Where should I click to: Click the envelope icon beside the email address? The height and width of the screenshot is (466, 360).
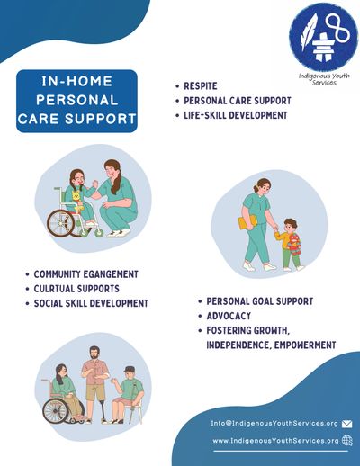point(346,424)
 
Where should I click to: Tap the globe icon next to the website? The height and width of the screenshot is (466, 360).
point(347,441)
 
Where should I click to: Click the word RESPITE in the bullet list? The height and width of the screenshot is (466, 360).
point(201,86)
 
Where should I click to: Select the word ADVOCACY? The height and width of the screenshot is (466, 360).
point(229,316)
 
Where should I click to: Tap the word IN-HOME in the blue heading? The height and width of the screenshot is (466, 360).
point(76,81)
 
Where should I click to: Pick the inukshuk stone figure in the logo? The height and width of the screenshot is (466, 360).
point(322,46)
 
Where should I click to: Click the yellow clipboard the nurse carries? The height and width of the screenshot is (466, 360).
point(247,221)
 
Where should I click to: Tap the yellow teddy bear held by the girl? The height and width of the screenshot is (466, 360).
point(77,201)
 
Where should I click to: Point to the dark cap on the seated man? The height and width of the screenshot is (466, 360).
point(130,369)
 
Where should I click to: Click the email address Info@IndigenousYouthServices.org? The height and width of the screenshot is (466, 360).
point(274,424)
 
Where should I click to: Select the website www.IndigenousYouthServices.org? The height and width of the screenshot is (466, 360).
point(275,441)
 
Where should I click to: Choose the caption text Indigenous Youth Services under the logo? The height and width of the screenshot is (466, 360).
point(324,79)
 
